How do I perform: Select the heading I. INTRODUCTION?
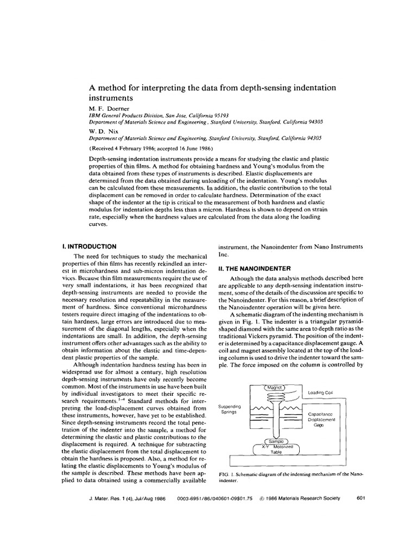pos(90,246)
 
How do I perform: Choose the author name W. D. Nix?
pos(101,131)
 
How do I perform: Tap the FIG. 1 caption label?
pos(225,474)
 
